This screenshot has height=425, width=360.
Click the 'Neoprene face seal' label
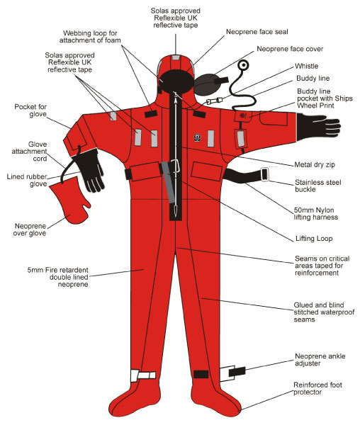pyautogui.click(x=260, y=33)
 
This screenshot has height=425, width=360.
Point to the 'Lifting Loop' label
pyautogui.click(x=314, y=239)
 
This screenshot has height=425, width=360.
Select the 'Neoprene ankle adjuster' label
pyautogui.click(x=318, y=360)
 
